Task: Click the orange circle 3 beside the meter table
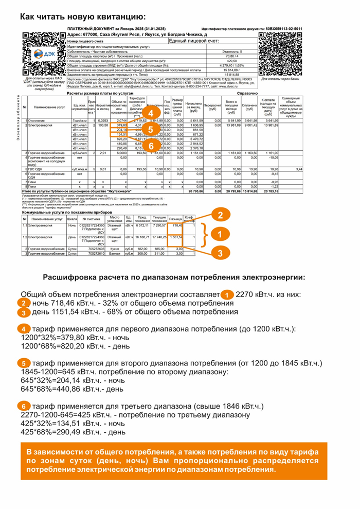pyautogui.click(x=220, y=253)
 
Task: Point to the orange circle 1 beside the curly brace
pyautogui.click(x=220, y=234)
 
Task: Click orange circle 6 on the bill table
pyautogui.click(x=150, y=146)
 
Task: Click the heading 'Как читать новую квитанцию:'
pyautogui.click(x=83, y=17)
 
